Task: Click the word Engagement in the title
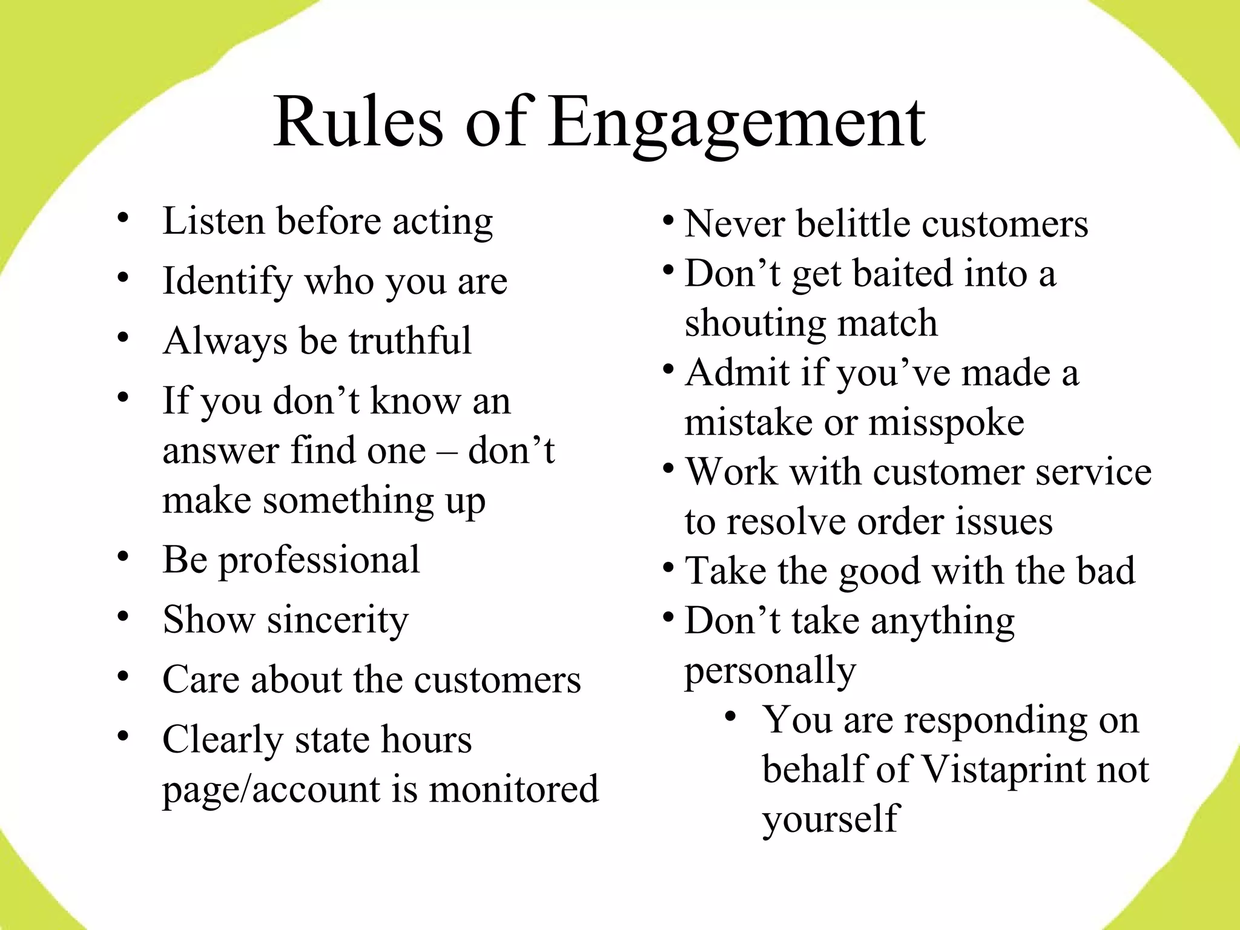pos(737,124)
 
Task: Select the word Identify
pos(227,282)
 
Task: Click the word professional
pos(318,561)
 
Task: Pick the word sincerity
pos(338,621)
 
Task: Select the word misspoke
pos(946,423)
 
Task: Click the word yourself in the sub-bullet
pos(831,819)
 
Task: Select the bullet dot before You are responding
pos(731,717)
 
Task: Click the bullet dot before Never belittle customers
pos(668,219)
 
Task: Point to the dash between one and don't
pos(447,452)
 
